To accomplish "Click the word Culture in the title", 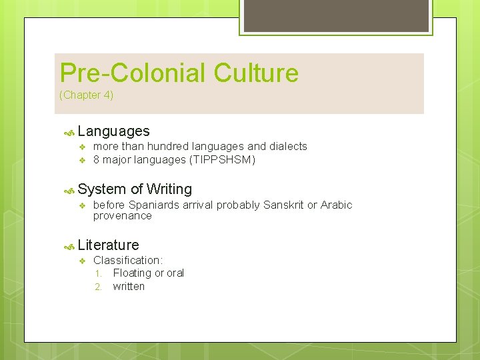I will (257, 73).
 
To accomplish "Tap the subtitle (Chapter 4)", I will (87, 95).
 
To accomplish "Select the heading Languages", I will (113, 131).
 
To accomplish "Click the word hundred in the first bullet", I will (167, 147).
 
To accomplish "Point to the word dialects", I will (287, 147).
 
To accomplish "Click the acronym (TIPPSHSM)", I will (223, 160).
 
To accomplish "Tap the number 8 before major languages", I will (97, 160).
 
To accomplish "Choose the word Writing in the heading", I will (169, 189).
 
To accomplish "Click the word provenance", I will (123, 216).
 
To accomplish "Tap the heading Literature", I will (108, 245).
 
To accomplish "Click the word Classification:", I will (128, 261).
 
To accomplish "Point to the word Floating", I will (132, 273).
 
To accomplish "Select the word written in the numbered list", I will (129, 287).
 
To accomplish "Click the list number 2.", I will (97, 287).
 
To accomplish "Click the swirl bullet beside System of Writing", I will (68, 190).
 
